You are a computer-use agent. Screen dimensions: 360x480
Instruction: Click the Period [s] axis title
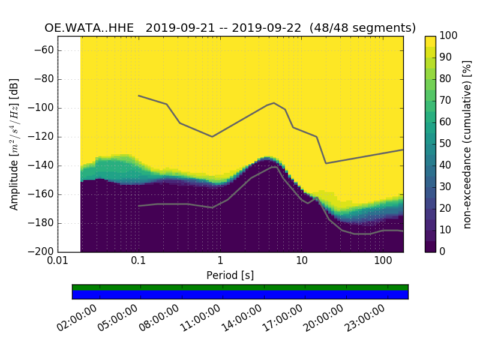click(230, 275)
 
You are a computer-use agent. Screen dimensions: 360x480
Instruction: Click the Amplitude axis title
click(14, 144)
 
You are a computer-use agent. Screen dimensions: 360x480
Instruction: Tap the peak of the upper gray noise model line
click(274, 103)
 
